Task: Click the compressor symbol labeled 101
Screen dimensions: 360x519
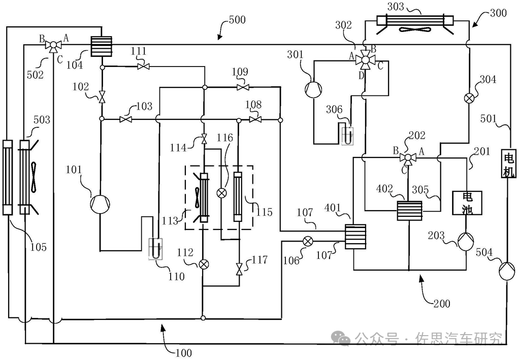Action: click(100, 204)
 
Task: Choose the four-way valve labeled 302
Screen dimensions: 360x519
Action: click(364, 60)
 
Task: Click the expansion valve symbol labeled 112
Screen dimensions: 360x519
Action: click(203, 264)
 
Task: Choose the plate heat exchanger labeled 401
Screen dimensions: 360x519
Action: click(355, 237)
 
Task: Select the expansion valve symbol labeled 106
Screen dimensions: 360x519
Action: click(307, 241)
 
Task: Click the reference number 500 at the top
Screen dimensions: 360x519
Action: click(236, 20)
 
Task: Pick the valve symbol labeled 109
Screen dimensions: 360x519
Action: click(242, 87)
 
